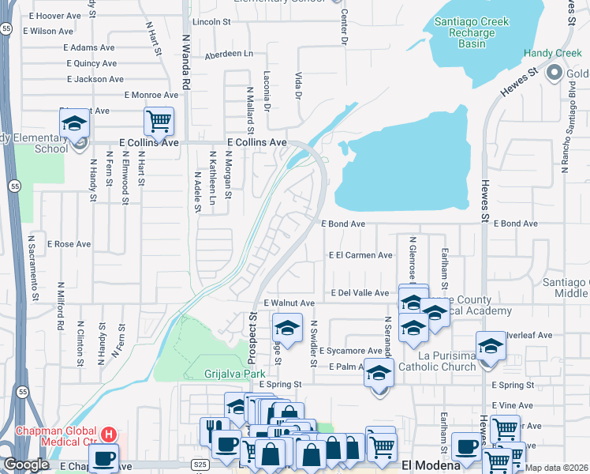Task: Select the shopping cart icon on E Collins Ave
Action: [x=159, y=122]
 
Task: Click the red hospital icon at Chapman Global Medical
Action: [x=110, y=434]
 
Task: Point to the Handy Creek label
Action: [x=552, y=54]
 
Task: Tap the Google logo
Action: [x=27, y=465]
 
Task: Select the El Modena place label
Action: [x=431, y=466]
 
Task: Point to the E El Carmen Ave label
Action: [x=360, y=255]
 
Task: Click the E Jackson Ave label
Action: [x=95, y=79]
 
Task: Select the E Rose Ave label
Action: [x=69, y=244]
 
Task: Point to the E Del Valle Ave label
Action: [x=360, y=293]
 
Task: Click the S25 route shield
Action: [x=200, y=466]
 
